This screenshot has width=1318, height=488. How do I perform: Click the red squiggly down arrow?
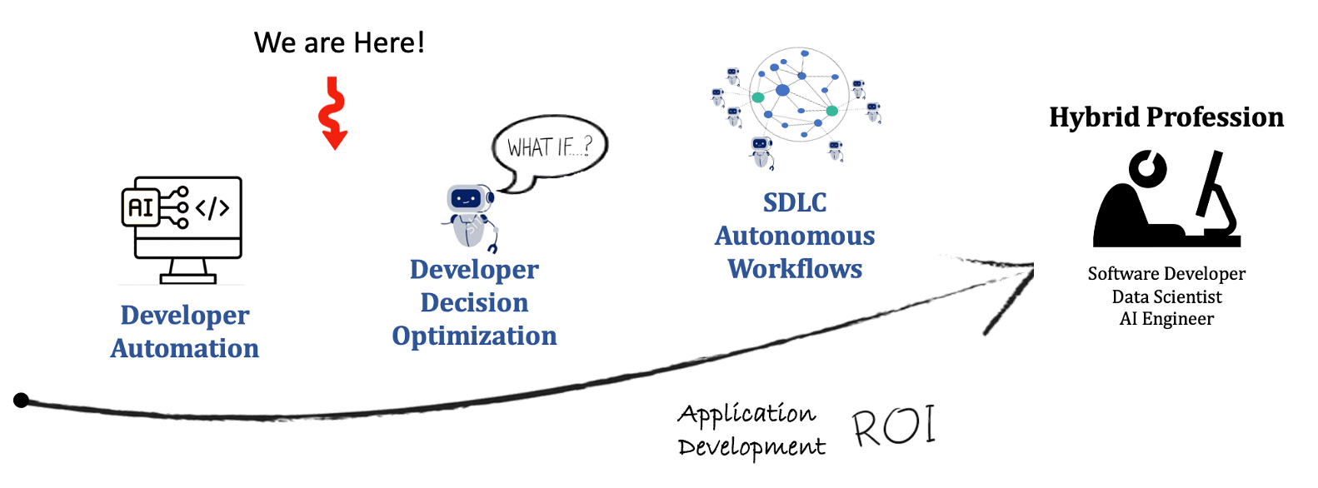click(333, 113)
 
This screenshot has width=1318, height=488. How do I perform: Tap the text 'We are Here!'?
click(339, 42)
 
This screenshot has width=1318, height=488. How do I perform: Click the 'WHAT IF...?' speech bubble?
click(550, 148)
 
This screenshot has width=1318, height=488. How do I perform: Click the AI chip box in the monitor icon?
click(141, 207)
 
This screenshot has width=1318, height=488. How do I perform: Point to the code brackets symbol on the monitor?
click(212, 208)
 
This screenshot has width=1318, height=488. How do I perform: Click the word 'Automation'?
click(185, 348)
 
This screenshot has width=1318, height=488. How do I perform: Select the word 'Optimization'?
click(474, 336)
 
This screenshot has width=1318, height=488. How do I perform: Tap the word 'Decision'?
click(474, 302)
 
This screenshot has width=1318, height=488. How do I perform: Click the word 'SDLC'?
click(795, 202)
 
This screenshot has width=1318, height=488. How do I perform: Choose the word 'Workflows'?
click(795, 269)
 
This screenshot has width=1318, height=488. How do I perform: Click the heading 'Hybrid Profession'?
click(1166, 117)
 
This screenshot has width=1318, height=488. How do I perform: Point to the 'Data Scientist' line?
click(1166, 296)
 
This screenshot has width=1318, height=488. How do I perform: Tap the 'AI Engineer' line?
click(1166, 319)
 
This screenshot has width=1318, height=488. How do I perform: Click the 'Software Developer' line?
click(1166, 274)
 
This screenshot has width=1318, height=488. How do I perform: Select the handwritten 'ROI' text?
click(894, 426)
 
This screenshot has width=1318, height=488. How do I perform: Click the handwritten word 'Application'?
click(746, 413)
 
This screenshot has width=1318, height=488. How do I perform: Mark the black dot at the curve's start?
click(22, 401)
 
